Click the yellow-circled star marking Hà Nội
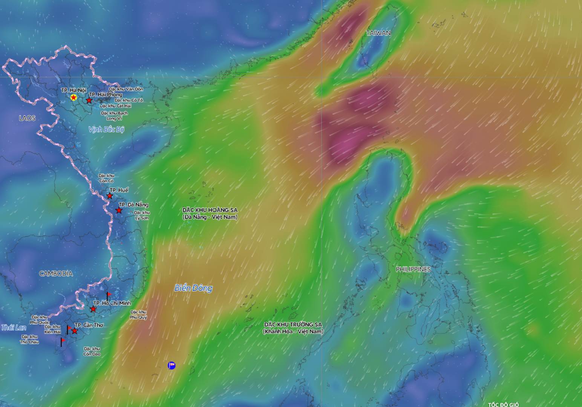(x=74, y=98)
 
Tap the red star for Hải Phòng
(x=89, y=101)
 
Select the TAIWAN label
(x=378, y=33)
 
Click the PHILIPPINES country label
(x=413, y=269)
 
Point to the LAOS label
(x=27, y=118)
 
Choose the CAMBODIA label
(x=56, y=274)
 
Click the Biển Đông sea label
(x=193, y=288)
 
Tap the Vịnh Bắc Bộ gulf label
(x=106, y=129)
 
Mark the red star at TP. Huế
(x=110, y=196)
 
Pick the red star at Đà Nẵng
(x=119, y=211)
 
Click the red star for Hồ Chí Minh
(x=93, y=309)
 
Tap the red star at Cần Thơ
(x=75, y=331)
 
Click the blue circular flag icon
(x=172, y=365)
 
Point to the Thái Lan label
(x=14, y=327)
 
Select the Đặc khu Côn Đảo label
(x=92, y=351)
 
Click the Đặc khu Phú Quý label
(x=138, y=315)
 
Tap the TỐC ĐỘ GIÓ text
(x=503, y=404)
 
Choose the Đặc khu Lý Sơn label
(x=142, y=216)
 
